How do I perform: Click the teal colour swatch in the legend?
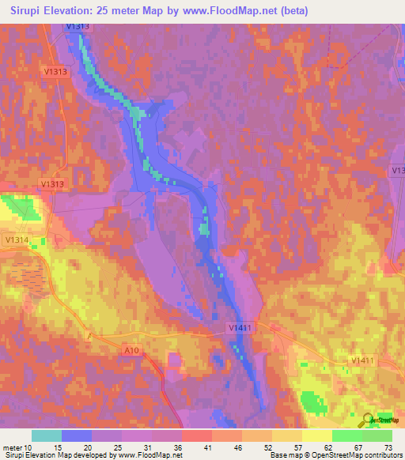click(x=47, y=435)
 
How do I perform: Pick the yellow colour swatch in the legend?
click(x=316, y=435)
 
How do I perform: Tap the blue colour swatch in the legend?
click(x=77, y=435)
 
